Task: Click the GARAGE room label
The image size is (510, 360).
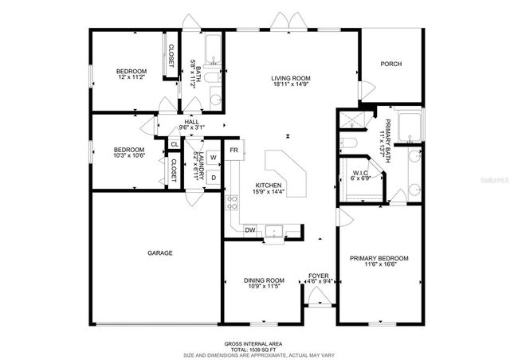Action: pos(159,252)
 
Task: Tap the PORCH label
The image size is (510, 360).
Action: pos(390,65)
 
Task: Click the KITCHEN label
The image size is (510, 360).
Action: pos(269,185)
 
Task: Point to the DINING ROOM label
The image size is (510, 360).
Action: pos(263,280)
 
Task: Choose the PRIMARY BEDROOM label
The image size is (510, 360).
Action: pos(379,258)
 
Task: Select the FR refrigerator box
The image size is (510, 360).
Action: pos(234,150)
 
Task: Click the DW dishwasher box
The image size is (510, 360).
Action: pos(249,230)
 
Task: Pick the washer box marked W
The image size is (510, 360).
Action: pos(214,158)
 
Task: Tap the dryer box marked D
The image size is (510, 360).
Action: pos(214,176)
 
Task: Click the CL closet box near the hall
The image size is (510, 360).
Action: pos(174,144)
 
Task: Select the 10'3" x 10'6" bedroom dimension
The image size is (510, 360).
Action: pos(128,156)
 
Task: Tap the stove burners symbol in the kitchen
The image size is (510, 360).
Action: pos(233,202)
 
